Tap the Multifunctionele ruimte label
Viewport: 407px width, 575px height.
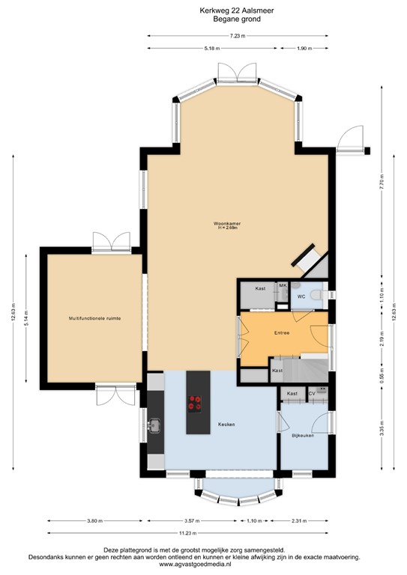tap(94, 318)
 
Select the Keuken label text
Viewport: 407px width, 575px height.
tap(226, 425)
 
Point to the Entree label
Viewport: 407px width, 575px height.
tap(282, 332)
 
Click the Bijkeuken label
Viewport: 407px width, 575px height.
tap(303, 435)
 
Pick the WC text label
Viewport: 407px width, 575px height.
tap(301, 296)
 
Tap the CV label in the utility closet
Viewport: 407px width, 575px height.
tap(312, 393)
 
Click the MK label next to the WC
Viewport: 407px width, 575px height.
tap(283, 286)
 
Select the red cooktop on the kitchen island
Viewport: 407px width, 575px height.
tap(196, 404)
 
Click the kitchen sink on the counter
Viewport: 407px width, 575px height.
tap(155, 427)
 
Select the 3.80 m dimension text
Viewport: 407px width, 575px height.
tap(94, 520)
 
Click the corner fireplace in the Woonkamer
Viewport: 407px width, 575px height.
tap(308, 259)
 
